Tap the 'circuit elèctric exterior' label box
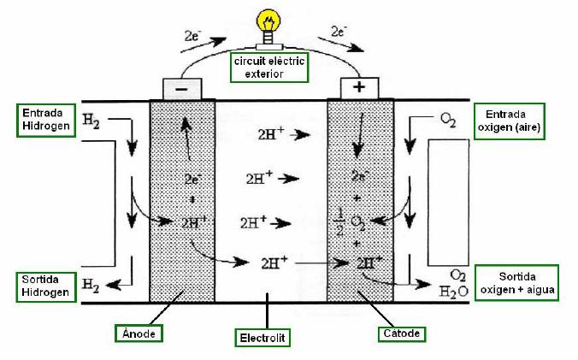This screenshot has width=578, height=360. click(269, 68)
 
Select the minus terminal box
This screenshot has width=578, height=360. click(180, 88)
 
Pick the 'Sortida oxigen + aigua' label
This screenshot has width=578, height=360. click(517, 282)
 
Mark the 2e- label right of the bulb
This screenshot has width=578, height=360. click(339, 32)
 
